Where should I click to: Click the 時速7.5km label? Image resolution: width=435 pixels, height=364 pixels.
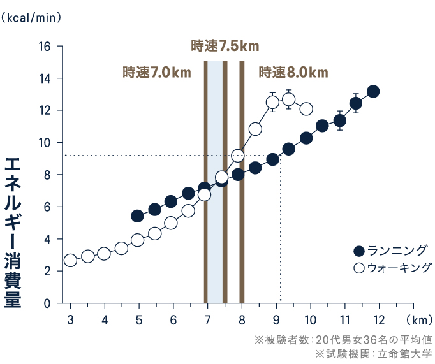point(225,46)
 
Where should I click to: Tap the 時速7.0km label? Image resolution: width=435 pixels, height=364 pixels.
point(157,72)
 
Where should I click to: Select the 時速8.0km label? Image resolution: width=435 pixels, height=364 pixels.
point(293,72)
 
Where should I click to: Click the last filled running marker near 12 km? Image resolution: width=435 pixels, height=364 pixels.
point(373,91)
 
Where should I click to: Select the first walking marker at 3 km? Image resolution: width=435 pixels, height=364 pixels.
point(70,260)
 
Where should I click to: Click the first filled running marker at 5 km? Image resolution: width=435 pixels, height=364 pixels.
point(137,216)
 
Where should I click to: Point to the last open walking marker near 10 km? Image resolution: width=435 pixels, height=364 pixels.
point(306,109)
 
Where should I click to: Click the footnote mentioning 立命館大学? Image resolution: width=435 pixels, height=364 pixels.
point(374,353)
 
